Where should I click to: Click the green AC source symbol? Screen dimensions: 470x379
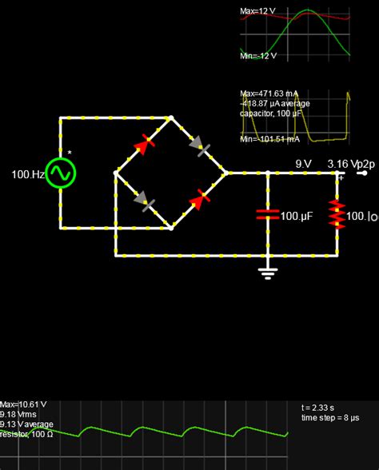click(60, 173)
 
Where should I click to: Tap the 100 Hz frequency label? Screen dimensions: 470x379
click(27, 173)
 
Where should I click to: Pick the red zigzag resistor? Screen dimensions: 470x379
click(337, 213)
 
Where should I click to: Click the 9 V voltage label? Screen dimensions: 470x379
click(303, 163)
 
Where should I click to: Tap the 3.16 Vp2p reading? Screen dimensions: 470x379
click(349, 163)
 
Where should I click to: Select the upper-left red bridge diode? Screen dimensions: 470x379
click(144, 145)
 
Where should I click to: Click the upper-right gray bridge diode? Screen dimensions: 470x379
click(199, 145)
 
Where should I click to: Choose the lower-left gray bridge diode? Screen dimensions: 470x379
click(144, 200)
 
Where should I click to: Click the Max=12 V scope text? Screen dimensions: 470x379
click(259, 13)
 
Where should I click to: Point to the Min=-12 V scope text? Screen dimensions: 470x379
click(259, 56)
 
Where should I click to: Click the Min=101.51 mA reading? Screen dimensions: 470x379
click(270, 139)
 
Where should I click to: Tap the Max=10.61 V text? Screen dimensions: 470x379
click(23, 404)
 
